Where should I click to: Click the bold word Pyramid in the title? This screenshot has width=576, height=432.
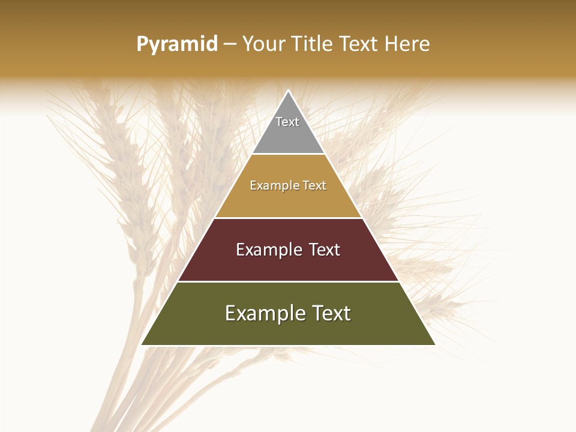[176, 44]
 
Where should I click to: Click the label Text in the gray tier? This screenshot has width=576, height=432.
[287, 122]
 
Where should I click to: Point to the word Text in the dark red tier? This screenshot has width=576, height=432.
[325, 250]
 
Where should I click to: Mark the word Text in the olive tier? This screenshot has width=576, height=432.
[332, 313]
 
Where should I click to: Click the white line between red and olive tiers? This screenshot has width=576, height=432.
[288, 281]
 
